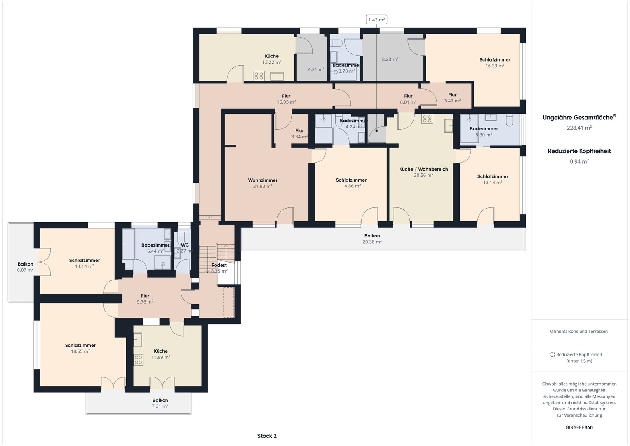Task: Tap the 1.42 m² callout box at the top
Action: click(x=376, y=20)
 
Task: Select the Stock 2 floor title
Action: click(x=267, y=436)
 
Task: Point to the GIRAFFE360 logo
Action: click(x=579, y=427)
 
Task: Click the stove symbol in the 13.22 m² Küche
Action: click(x=259, y=76)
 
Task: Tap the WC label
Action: click(x=185, y=245)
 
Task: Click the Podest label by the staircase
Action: click(x=219, y=265)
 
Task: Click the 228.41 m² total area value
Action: click(x=579, y=128)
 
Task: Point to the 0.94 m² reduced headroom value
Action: click(x=579, y=161)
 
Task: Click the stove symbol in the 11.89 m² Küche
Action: click(x=139, y=360)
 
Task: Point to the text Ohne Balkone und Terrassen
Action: click(x=579, y=331)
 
